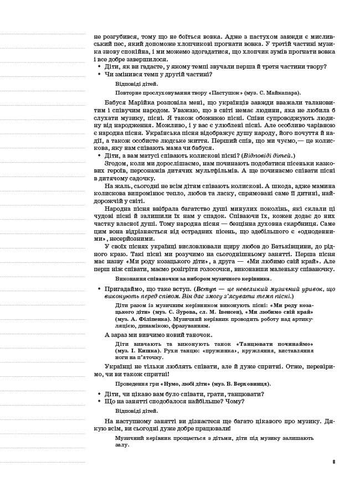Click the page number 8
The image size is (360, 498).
click(x=334, y=461)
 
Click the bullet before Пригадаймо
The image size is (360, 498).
click(x=99, y=289)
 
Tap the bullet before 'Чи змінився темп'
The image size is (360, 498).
click(x=99, y=74)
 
